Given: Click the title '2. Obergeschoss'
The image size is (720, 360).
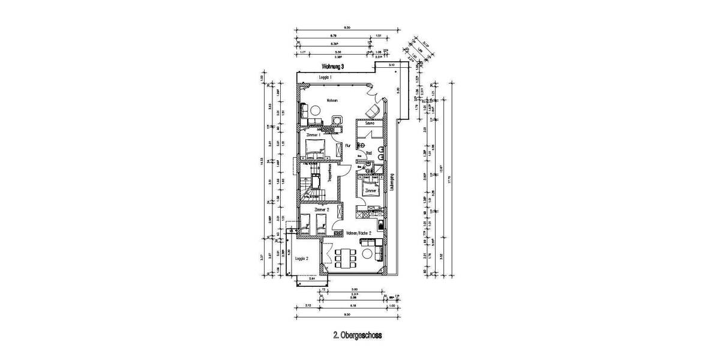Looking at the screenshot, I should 358,337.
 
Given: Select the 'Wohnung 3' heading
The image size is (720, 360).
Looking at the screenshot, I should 333,67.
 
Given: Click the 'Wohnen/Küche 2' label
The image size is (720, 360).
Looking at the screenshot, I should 359,232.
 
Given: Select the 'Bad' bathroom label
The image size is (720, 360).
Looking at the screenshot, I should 370,154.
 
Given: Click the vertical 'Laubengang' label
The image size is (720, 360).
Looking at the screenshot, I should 391,182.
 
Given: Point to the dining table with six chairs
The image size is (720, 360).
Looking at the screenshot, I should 343,258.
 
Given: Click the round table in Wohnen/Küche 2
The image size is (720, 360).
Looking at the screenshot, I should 367,255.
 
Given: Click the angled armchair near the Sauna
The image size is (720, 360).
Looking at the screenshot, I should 373,111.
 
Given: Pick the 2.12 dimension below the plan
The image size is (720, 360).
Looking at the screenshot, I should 308,305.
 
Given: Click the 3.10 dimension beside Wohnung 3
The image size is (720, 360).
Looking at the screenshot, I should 391,64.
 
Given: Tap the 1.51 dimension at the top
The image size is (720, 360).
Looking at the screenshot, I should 378,35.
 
